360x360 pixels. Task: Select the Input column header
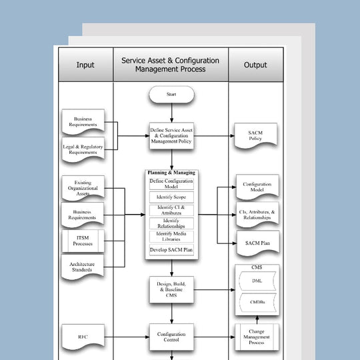pyautogui.click(x=85, y=65)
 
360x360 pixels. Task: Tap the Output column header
pyautogui.click(x=255, y=65)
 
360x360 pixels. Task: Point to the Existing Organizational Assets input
pyautogui.click(x=84, y=188)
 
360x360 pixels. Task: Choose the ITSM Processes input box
pyautogui.click(x=84, y=241)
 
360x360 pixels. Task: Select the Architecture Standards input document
pyautogui.click(x=84, y=267)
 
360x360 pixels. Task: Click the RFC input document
pyautogui.click(x=84, y=336)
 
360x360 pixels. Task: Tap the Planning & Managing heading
pyautogui.click(x=171, y=173)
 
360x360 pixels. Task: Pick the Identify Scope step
pyautogui.click(x=171, y=197)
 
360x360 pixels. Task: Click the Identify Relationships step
pyautogui.click(x=171, y=223)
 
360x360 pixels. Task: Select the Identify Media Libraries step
pyautogui.click(x=171, y=236)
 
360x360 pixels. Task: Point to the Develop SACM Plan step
pyautogui.click(x=171, y=250)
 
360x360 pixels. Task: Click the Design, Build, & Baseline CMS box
pyautogui.click(x=171, y=290)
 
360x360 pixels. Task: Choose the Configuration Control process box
pyautogui.click(x=171, y=337)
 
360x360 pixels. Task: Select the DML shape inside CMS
pyautogui.click(x=257, y=281)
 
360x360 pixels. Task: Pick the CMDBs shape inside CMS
pyautogui.click(x=257, y=304)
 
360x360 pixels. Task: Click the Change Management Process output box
pyautogui.click(x=257, y=336)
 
